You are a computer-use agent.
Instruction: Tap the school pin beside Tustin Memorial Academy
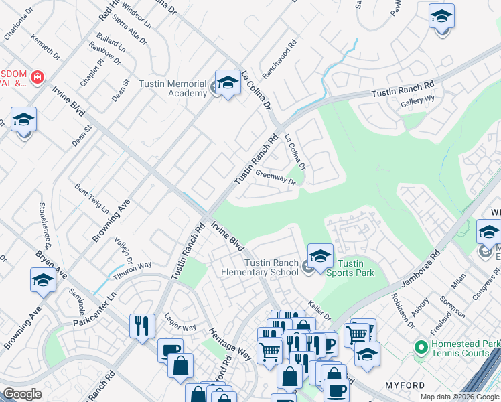point(228,83)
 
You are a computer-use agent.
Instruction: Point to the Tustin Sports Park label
point(354,267)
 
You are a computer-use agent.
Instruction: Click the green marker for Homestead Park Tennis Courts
point(421,347)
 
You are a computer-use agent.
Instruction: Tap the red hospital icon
point(37,78)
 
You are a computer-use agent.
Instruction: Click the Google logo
point(22,394)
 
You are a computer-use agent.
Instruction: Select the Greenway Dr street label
point(275,178)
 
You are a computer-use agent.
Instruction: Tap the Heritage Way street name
point(220,344)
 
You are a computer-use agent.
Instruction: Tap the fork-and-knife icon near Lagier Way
point(142,326)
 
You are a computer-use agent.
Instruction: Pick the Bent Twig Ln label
point(92,196)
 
